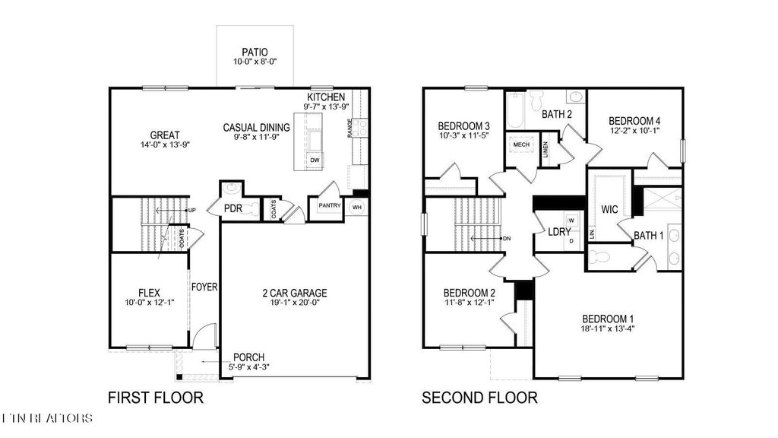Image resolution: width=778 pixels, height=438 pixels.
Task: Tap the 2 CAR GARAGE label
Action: point(294,293)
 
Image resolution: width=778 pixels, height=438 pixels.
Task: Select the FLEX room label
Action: point(148,292)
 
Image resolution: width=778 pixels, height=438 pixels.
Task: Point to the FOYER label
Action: point(204,287)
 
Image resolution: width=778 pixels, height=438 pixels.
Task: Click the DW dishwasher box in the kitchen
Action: point(315,160)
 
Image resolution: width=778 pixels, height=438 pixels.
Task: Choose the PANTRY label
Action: point(330,205)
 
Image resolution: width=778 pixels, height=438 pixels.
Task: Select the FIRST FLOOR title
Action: point(156,397)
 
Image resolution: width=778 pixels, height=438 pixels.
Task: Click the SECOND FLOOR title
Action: point(479,397)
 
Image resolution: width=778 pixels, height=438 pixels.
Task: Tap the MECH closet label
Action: point(521,144)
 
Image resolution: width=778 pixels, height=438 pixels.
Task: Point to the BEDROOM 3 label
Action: point(463,125)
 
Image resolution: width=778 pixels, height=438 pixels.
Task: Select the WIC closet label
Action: point(610,208)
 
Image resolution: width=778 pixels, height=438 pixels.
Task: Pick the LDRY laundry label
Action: point(559,233)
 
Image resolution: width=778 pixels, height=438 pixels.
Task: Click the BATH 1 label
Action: point(649,236)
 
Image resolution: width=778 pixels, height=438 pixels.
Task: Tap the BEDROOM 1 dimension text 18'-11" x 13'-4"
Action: point(607,329)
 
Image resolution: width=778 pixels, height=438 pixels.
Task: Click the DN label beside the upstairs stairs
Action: point(507,239)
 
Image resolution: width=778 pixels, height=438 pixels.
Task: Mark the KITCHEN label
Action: point(327,97)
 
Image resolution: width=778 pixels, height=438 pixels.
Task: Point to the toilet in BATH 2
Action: point(536,100)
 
